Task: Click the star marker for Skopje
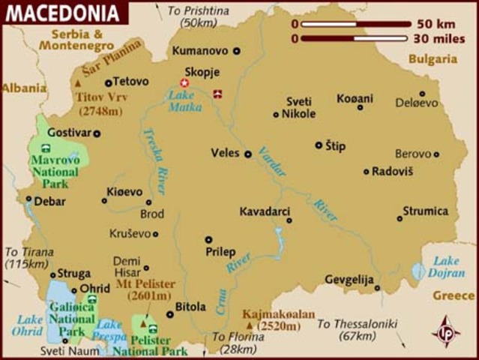point(184,82)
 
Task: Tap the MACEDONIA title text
point(63,13)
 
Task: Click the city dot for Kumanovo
point(237,51)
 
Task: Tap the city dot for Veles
point(248,154)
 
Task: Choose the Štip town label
point(335,145)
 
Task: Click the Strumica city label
point(425,211)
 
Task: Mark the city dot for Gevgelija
point(378,287)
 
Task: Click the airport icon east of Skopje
point(218,94)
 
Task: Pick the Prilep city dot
point(208,240)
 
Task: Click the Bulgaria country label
point(433,58)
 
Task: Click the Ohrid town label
point(95,288)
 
